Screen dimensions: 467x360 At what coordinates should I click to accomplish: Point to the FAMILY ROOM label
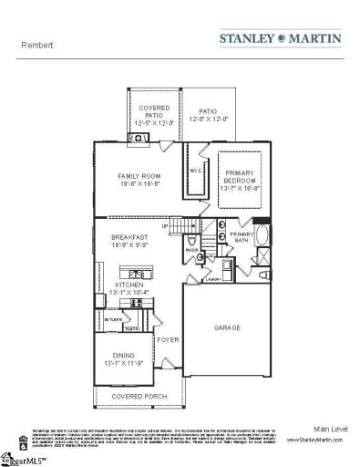pos(139,179)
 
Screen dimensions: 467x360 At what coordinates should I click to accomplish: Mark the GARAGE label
pos(226,326)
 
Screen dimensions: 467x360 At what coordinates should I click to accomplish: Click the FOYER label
pos(166,339)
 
